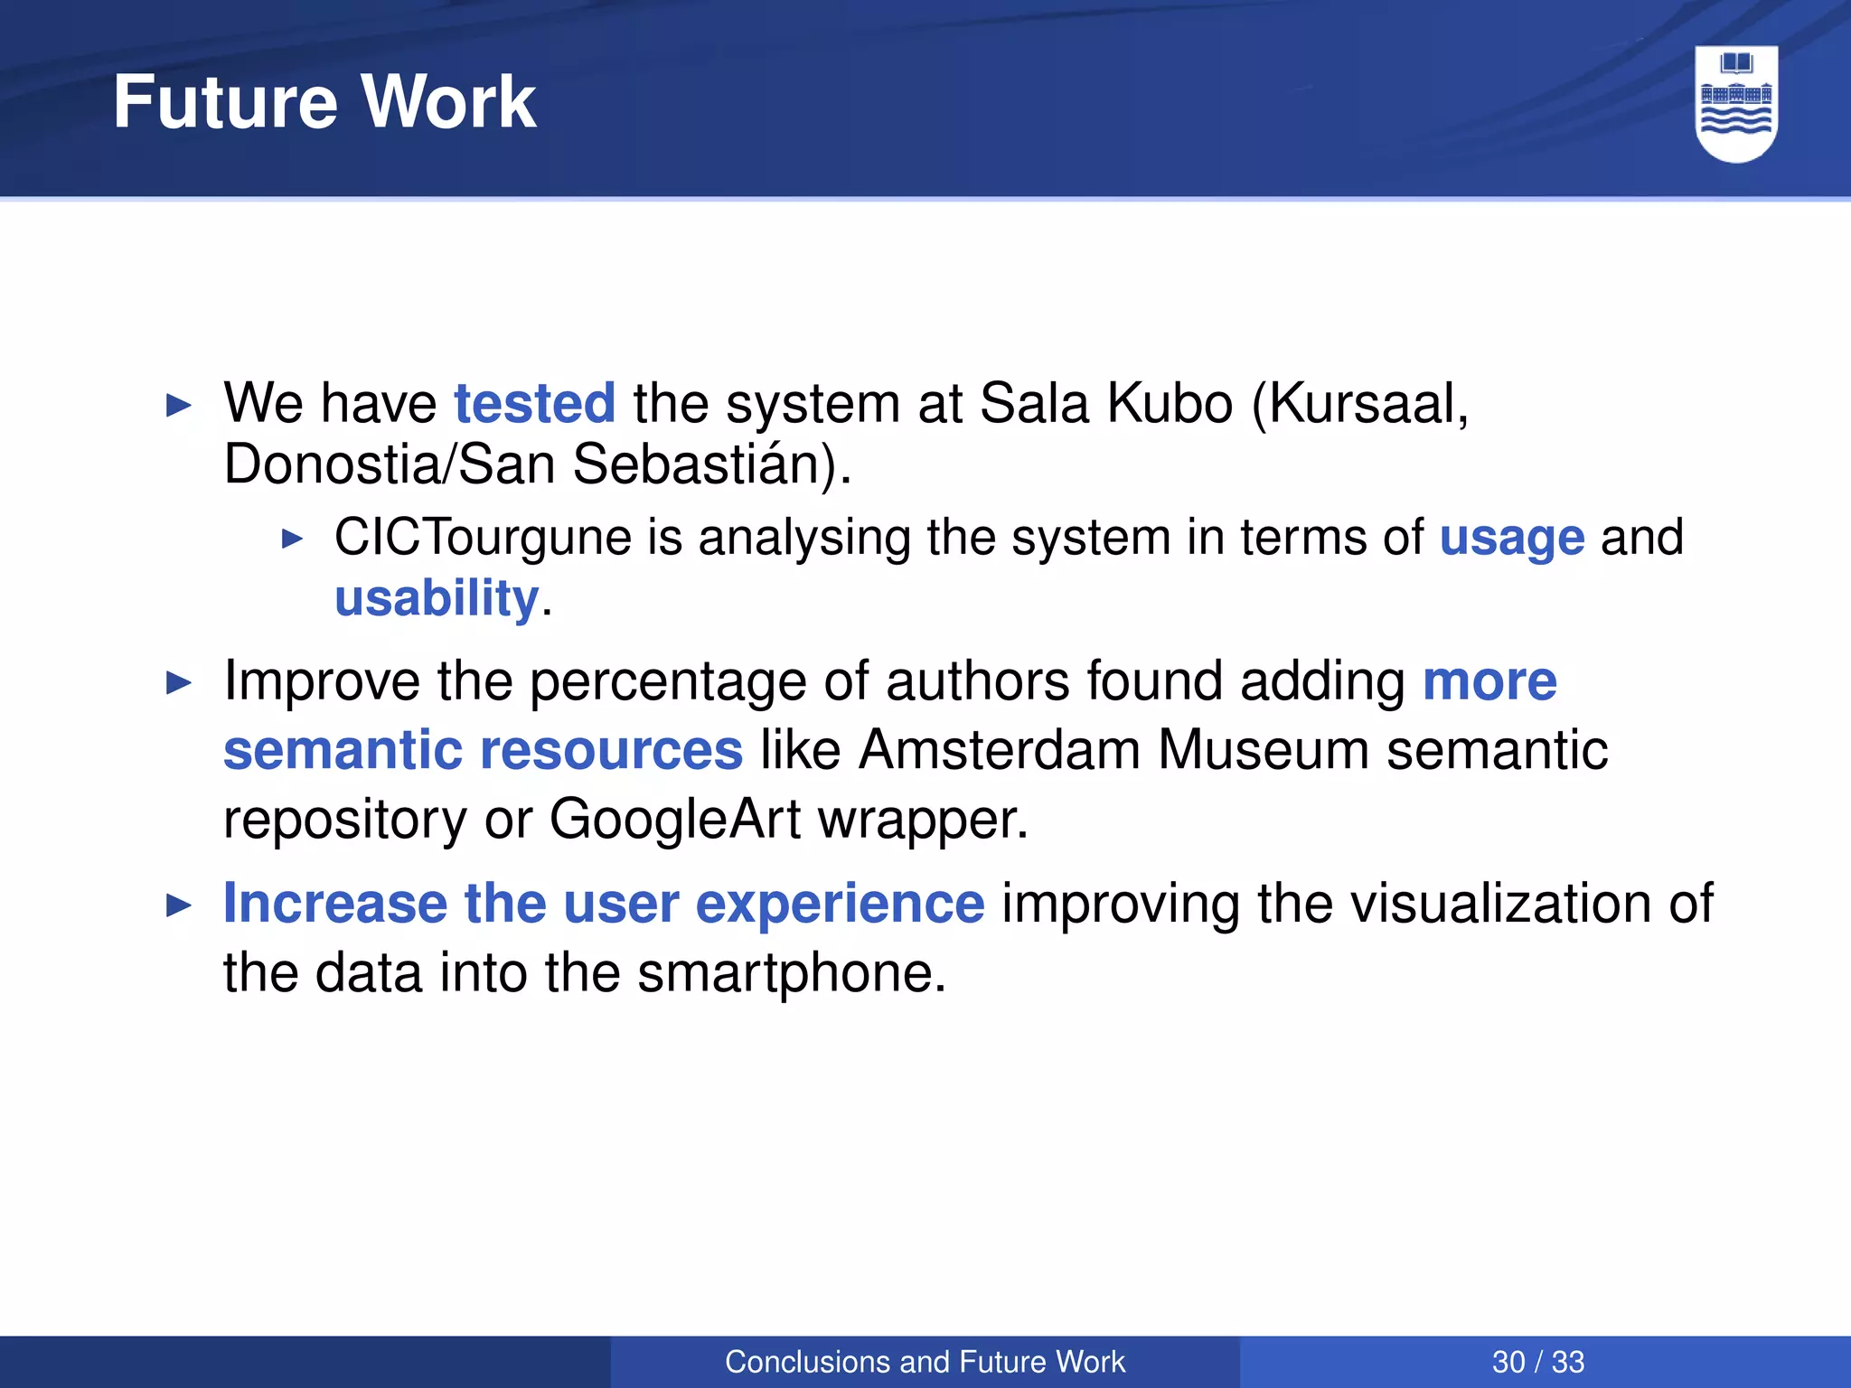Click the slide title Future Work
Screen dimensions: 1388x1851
click(x=324, y=102)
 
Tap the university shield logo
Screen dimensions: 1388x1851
click(x=1736, y=104)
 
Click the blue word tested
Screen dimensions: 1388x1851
click(x=534, y=403)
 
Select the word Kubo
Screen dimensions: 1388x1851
click(x=1170, y=403)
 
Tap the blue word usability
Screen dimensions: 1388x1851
click(x=437, y=598)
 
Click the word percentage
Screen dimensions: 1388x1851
click(x=667, y=681)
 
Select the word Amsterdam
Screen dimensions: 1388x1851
click(x=1000, y=750)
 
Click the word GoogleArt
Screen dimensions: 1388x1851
click(x=674, y=820)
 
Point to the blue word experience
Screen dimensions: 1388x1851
click(x=840, y=904)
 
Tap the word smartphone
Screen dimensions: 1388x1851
click(x=791, y=973)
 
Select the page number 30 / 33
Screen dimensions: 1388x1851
click(x=1537, y=1362)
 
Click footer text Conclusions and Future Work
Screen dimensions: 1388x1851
click(x=925, y=1362)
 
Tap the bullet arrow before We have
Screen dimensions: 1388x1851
click(x=180, y=406)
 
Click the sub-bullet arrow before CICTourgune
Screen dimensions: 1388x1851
click(x=292, y=539)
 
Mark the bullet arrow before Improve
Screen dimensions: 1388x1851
click(x=180, y=683)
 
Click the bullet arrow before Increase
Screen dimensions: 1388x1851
click(x=180, y=905)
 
